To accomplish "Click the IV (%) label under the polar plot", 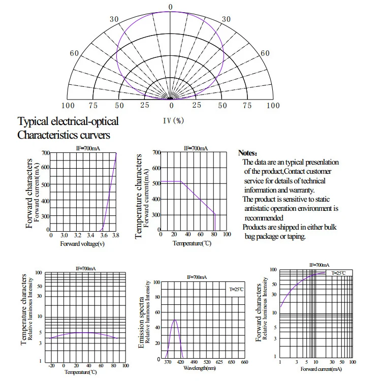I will tap(173, 121).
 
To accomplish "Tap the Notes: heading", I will tap(248, 153).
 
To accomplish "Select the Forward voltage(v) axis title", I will tap(82, 244).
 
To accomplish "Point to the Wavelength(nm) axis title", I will tap(199, 367).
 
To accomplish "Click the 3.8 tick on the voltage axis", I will tap(116, 236).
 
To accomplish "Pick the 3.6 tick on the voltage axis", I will tap(103, 236).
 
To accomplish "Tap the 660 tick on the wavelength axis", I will tap(244, 362).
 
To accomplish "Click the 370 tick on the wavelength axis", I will tap(168, 362).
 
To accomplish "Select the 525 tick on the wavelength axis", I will tap(206, 362).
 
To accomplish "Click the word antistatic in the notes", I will tap(260, 208).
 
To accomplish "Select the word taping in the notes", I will tap(294, 236).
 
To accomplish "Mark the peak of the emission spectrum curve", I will tap(175, 320).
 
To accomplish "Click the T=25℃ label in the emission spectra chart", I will tap(236, 290).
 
